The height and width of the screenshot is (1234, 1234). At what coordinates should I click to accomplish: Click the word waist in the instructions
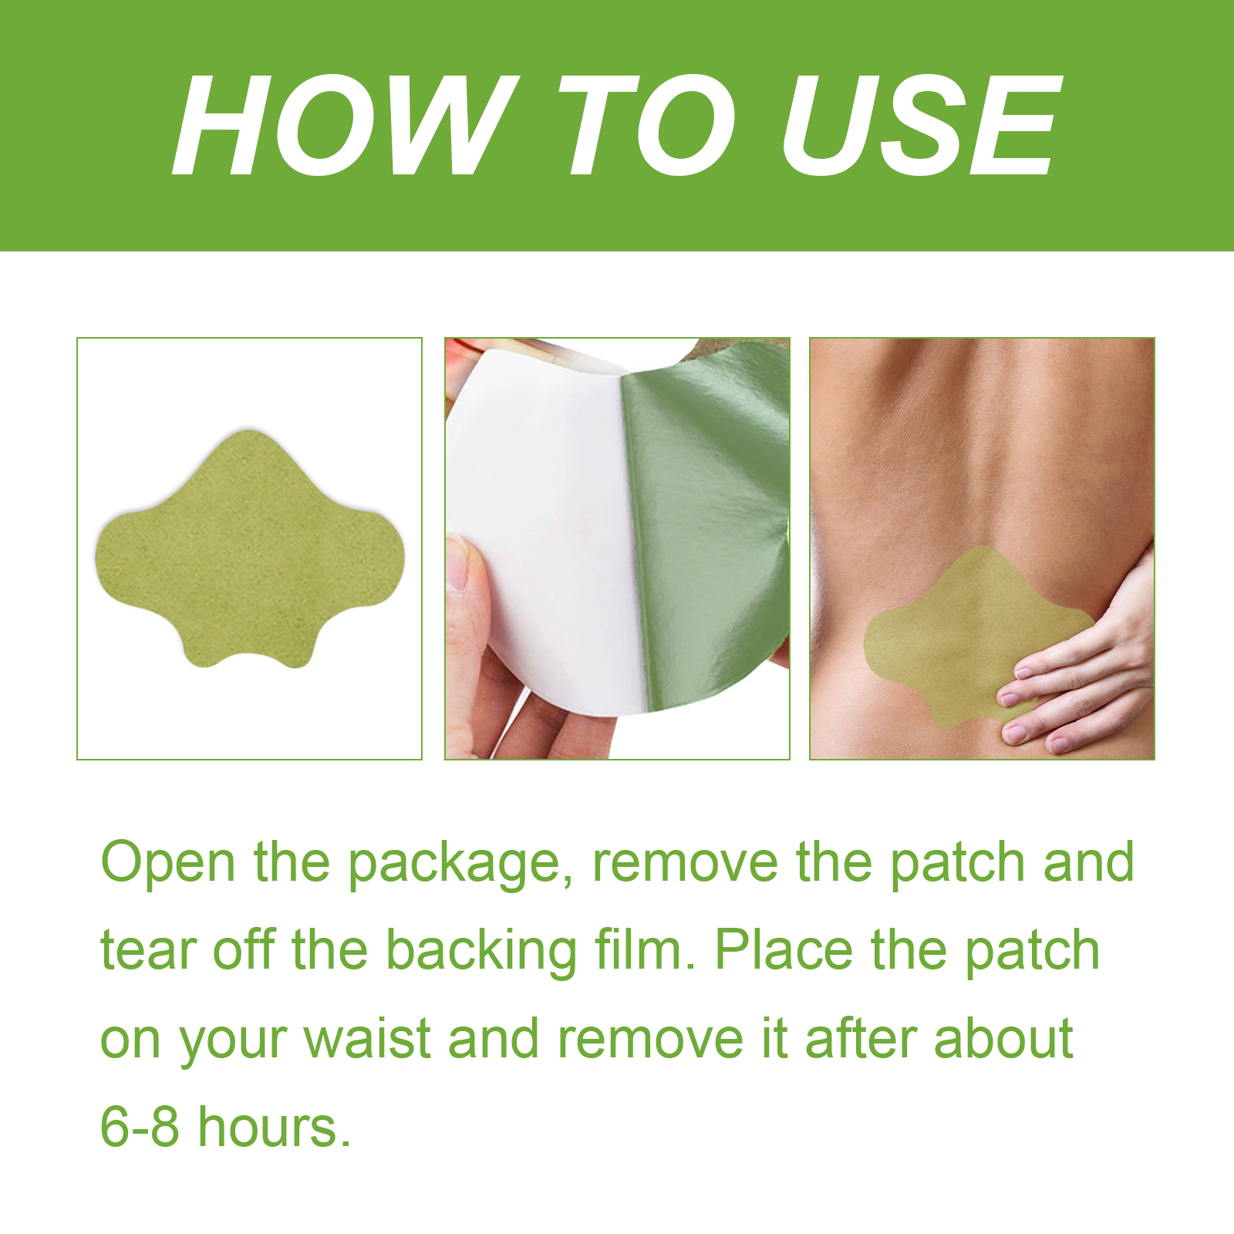pyautogui.click(x=367, y=1038)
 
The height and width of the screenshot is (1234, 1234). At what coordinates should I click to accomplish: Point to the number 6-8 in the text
pyautogui.click(x=140, y=1127)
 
